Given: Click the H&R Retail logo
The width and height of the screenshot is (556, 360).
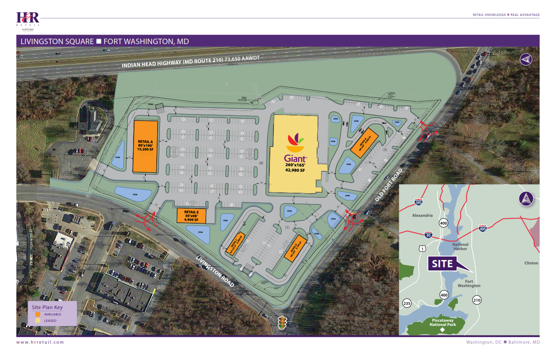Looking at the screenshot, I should pyautogui.click(x=28, y=19).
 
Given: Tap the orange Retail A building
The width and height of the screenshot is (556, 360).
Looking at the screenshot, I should pyautogui.click(x=145, y=146).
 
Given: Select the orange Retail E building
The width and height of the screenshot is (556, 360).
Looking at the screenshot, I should pyautogui.click(x=191, y=216).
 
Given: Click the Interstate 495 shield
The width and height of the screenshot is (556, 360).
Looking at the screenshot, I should pyautogui.click(x=483, y=229).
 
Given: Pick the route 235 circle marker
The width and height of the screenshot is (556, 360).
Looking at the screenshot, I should pyautogui.click(x=407, y=304).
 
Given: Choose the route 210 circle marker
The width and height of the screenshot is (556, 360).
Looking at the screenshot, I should pyautogui.click(x=477, y=300).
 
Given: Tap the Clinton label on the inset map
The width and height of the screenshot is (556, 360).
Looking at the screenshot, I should pyautogui.click(x=531, y=263).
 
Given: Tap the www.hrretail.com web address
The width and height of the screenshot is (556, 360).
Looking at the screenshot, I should pyautogui.click(x=40, y=342).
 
